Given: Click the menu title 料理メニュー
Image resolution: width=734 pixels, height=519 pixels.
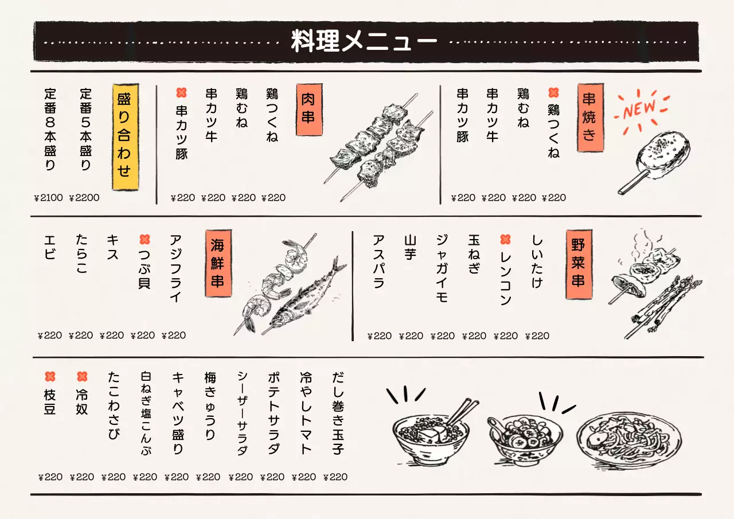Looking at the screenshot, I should pos(365,42).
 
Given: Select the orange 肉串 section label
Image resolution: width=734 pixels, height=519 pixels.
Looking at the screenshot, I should pos(308,110).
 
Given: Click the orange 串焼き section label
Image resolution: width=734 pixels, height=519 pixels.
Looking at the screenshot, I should pos(589,117).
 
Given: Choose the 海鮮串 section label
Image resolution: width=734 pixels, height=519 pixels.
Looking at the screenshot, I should pos(218,264).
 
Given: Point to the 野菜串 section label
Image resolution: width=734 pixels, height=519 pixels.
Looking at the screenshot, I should pos(577,264).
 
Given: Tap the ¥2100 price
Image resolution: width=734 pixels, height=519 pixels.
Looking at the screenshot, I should pos(48,198).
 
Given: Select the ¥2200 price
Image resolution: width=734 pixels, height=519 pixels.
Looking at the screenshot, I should pos(84,198).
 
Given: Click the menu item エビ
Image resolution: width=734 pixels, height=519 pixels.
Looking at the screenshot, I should pos(50,247).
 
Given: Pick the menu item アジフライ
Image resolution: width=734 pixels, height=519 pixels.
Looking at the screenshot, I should pos(175,268).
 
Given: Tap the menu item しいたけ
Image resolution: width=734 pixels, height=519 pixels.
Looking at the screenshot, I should pos(536,262).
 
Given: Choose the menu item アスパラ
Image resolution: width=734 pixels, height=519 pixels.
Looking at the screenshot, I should pos(378,262).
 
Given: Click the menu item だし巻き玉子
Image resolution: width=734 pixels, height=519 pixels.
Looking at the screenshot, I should pos(338,413).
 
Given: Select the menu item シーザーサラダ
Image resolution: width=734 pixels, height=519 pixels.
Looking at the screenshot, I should pos(243,413).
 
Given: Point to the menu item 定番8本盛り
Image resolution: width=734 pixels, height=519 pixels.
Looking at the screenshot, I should pos(50,129).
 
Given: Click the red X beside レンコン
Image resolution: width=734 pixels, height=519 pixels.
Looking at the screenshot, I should pos(505,240).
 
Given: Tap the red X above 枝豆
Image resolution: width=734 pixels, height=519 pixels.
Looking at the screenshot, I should pos(50,377).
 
